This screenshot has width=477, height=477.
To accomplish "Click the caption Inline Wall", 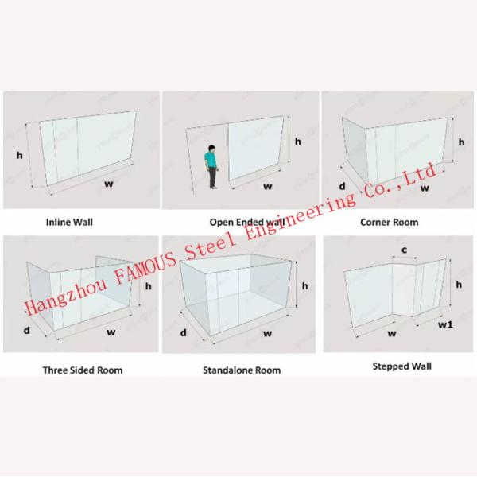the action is click(x=69, y=222).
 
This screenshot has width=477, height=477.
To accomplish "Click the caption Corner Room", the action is click(x=389, y=222).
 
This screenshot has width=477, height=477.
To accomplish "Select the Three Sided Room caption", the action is click(x=83, y=370).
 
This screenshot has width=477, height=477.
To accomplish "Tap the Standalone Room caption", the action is click(x=242, y=370).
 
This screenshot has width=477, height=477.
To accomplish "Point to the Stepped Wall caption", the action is click(x=401, y=366).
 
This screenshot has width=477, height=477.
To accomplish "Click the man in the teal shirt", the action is click(x=212, y=167).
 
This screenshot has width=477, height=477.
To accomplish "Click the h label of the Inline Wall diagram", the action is click(x=19, y=156).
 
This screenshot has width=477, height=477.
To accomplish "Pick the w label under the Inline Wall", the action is click(x=109, y=184).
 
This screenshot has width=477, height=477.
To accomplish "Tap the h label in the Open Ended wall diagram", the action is click(x=298, y=142).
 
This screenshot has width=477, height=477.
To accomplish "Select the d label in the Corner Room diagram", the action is click(x=342, y=186).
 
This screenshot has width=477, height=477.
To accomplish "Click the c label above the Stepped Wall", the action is click(x=405, y=250).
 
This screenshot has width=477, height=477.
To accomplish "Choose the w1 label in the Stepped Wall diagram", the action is click(x=445, y=324).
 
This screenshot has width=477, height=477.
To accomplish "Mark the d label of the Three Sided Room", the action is click(x=27, y=330).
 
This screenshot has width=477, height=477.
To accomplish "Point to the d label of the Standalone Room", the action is click(x=183, y=333).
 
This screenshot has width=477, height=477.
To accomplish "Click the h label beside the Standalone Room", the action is click(x=304, y=286).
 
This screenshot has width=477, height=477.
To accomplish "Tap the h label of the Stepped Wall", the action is click(x=459, y=285).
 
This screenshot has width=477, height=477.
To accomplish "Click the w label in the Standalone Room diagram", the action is click(x=267, y=333).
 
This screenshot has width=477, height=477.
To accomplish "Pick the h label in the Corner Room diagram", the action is click(x=461, y=142).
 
